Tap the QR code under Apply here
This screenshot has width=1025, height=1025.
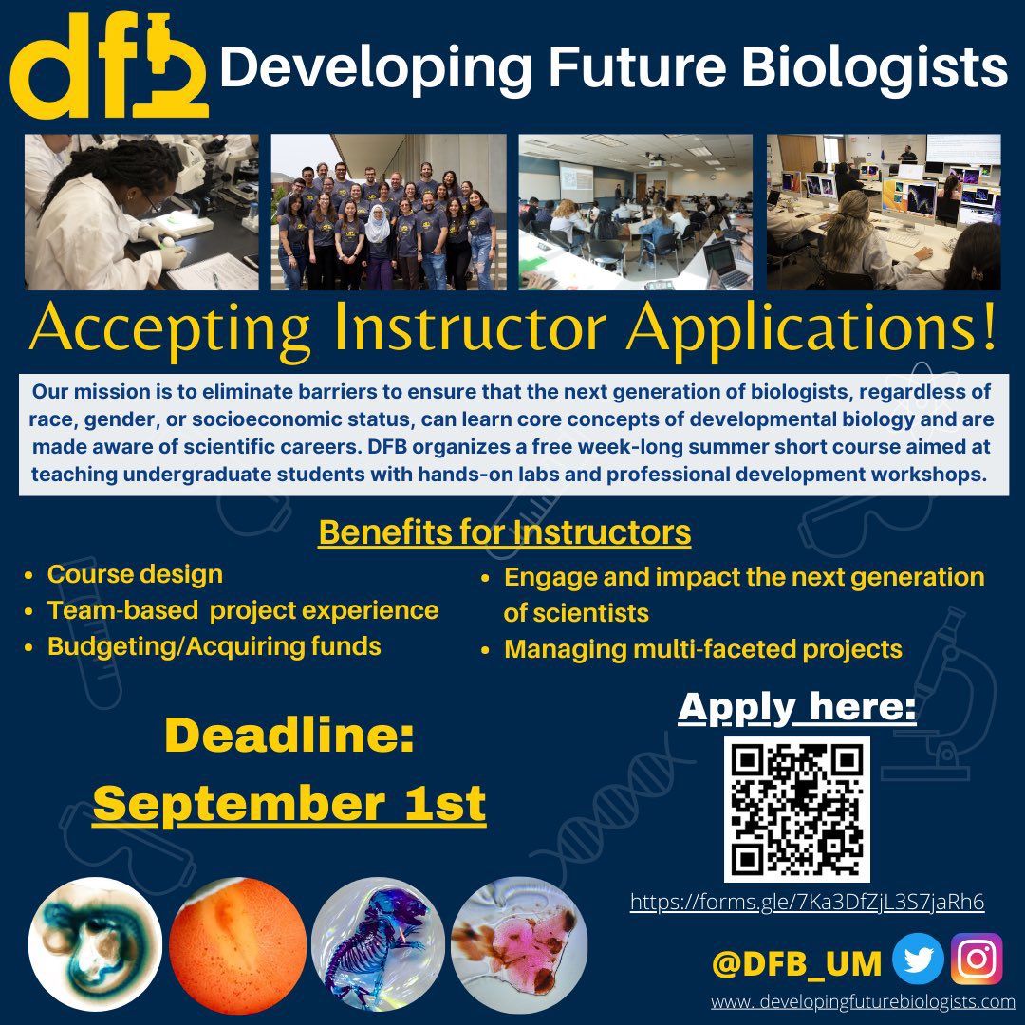point(797,809)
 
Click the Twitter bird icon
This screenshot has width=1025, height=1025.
point(919,959)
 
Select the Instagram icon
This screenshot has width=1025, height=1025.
point(977,959)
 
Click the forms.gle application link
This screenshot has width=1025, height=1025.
point(807,902)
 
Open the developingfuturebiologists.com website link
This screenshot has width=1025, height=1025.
point(864,1002)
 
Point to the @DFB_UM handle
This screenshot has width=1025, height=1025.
point(796,962)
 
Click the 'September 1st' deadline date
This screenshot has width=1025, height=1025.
point(289,804)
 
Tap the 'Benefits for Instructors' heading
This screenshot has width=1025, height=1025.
point(504,532)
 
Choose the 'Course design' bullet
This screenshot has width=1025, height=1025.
point(135,574)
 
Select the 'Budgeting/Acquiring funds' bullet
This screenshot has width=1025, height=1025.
point(214,646)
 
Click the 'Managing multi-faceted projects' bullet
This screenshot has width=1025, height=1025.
point(702,649)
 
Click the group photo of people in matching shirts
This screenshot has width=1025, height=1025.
point(388,212)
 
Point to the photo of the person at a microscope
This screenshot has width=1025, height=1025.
point(141,212)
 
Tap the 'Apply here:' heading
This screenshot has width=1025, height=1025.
point(797,707)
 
